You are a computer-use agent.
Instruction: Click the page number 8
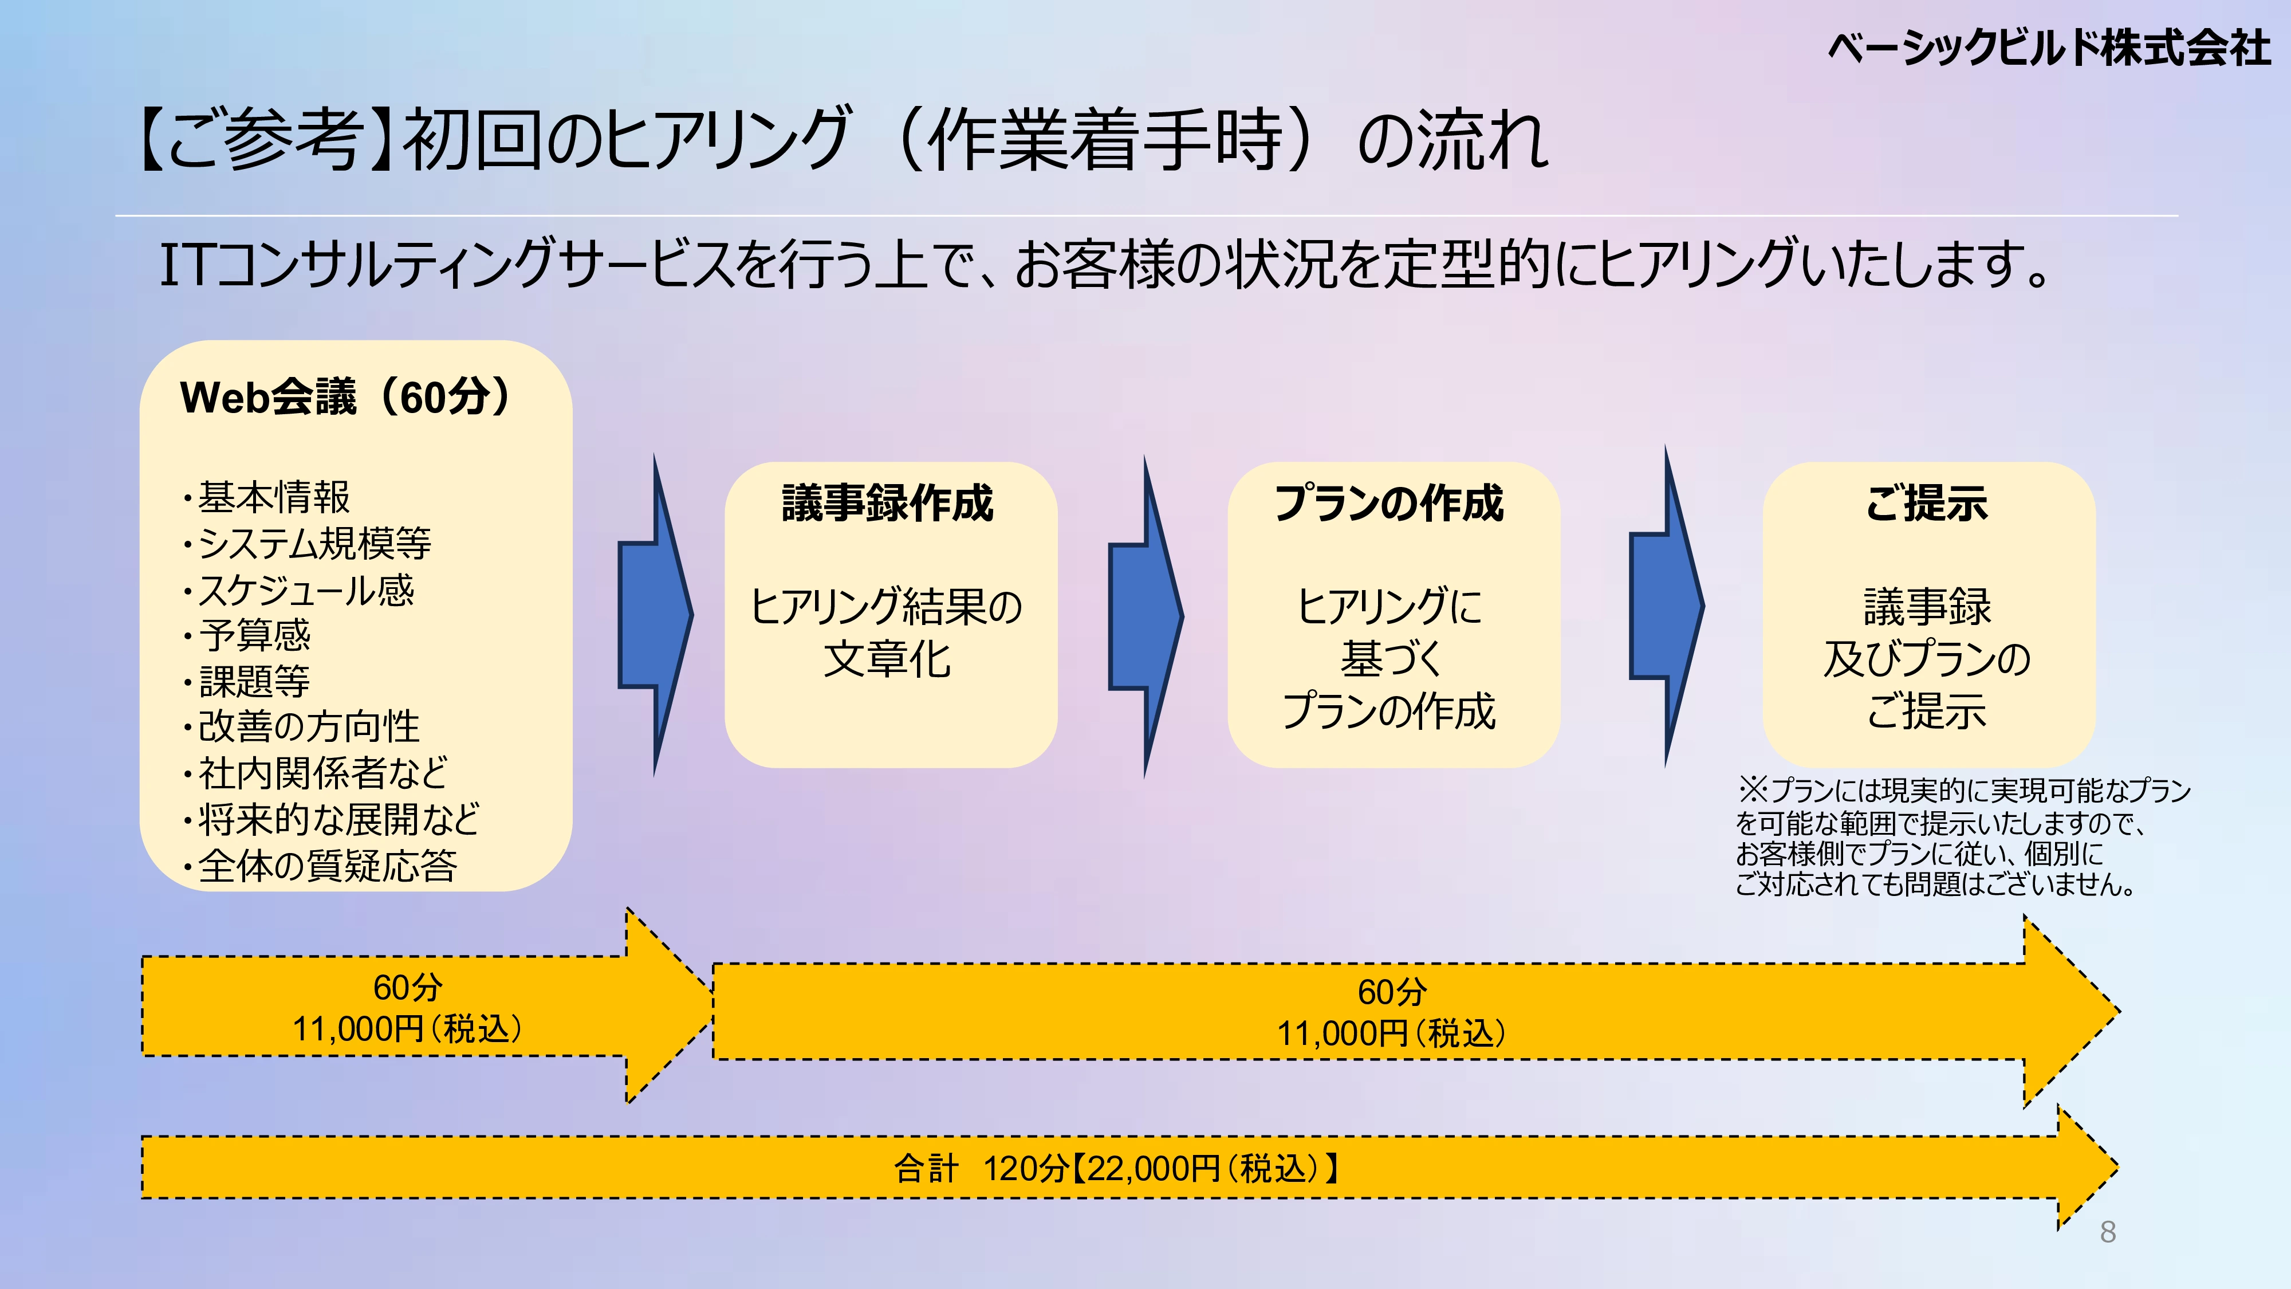[2107, 1232]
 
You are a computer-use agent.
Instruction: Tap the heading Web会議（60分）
[347, 397]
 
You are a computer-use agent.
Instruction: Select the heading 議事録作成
[888, 504]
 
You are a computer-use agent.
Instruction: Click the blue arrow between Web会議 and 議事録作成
[655, 614]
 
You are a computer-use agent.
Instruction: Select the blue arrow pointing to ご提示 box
[1666, 606]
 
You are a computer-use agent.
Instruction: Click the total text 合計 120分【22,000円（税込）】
[1117, 1168]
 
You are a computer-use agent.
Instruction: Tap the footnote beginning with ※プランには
[1961, 837]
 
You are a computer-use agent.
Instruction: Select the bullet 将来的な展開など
[338, 819]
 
